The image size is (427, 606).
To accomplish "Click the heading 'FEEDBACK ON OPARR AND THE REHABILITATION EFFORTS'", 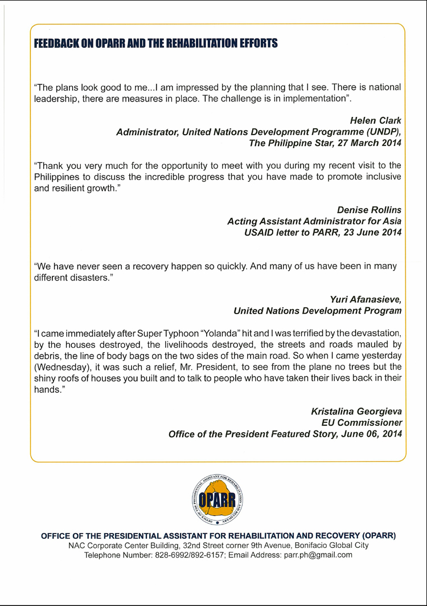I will coord(156,43).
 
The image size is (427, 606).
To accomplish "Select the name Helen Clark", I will coord(375,120).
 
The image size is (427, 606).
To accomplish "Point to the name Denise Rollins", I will coord(369,209).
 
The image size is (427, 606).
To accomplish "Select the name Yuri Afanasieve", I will coord(366,299).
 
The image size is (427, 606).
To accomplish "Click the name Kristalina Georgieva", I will coord(356,411).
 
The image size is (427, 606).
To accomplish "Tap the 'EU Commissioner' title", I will coord(362,422).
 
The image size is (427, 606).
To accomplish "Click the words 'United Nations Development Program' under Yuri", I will coord(318,311).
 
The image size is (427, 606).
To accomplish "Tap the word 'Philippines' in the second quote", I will coord(54,176).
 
